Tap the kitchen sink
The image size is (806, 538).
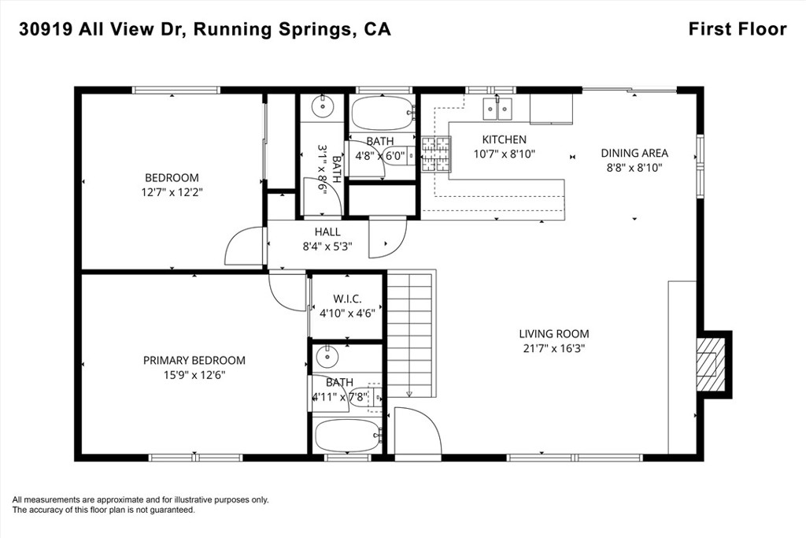pos(498,106)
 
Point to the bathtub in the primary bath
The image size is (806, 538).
pos(347,436)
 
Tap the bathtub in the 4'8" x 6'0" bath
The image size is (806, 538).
pos(381,114)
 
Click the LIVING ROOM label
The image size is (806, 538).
pos(553,334)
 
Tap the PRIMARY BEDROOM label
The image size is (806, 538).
pos(194,361)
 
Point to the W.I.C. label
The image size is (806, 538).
pos(347,299)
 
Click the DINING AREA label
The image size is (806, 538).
pos(634,154)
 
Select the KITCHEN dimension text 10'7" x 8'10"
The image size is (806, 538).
pos(504,154)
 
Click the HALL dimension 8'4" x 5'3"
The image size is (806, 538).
pos(327,246)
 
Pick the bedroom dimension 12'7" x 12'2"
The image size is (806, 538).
pos(172,191)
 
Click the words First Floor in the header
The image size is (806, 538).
pos(737,29)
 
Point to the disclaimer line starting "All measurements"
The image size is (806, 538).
pos(141,499)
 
